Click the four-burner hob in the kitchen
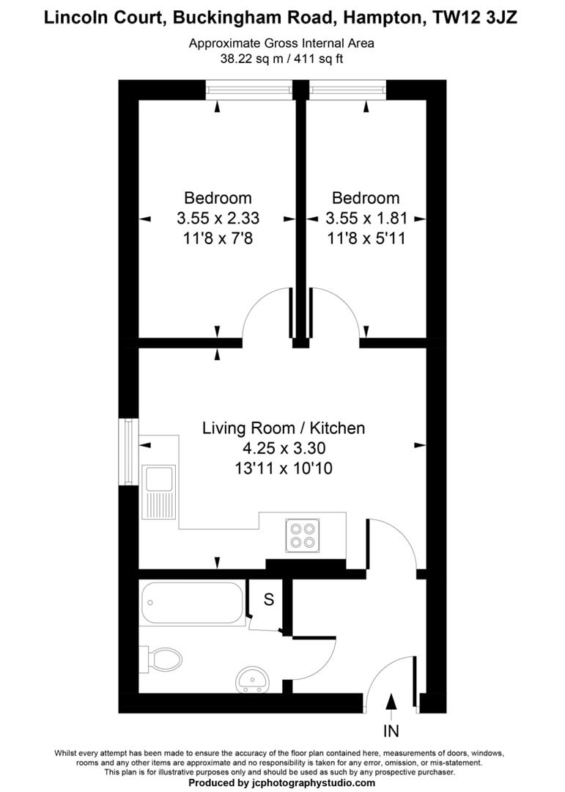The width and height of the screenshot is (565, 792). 303,534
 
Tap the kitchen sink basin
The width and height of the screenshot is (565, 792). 158,478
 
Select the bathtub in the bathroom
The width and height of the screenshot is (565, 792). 192,603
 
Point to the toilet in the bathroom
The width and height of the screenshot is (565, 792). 164,659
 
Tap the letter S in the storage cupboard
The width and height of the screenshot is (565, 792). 268,600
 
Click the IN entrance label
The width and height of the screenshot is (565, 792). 391,730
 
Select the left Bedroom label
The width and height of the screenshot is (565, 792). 218,198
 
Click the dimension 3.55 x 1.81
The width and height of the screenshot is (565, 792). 366,218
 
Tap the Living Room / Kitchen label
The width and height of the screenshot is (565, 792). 284,428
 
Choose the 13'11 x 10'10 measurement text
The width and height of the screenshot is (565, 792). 284,468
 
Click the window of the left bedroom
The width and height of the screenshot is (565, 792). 250,90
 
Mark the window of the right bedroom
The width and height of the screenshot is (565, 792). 347,90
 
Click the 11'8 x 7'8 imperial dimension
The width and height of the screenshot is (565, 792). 218,238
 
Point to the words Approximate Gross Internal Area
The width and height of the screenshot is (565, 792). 281,43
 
